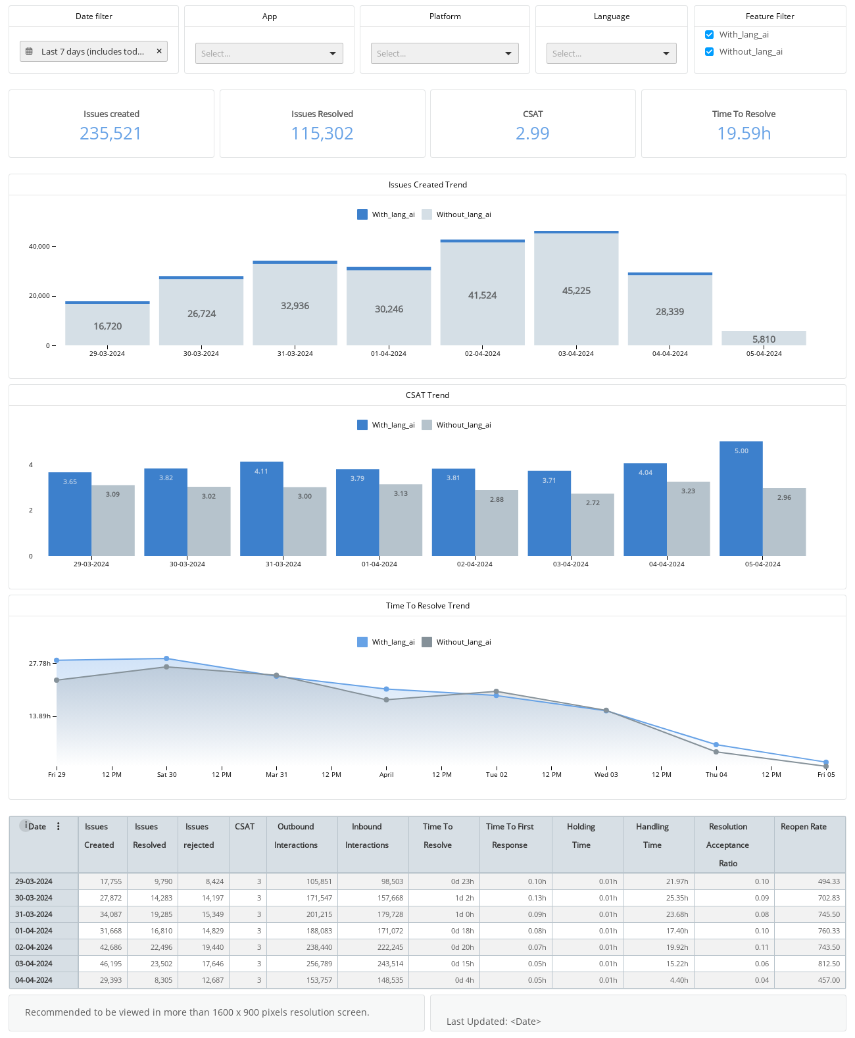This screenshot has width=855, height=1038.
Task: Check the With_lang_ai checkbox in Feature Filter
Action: (709, 34)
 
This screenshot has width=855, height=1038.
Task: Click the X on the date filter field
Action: (159, 51)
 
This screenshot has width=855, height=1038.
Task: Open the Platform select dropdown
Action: (445, 53)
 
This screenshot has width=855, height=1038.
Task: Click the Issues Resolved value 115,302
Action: (322, 134)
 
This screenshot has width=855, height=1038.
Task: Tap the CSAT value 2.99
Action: (532, 134)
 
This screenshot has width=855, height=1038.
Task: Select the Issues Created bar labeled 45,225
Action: (576, 289)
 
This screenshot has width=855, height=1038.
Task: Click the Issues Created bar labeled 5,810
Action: (764, 338)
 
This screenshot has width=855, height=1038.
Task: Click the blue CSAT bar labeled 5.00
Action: (741, 498)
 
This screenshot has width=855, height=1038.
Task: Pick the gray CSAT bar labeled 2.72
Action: (593, 524)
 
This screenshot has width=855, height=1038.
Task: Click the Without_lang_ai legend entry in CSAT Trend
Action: (456, 425)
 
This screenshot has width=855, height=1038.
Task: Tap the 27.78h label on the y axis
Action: (39, 663)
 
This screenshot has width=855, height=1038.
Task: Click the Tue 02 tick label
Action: (496, 774)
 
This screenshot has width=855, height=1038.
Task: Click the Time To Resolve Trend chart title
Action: (427, 605)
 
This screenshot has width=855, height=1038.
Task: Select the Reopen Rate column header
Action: (803, 827)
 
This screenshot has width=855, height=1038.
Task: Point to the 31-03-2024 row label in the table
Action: (34, 914)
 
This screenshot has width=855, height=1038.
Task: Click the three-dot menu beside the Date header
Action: (58, 826)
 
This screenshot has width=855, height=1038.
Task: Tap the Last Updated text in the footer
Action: (493, 1022)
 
